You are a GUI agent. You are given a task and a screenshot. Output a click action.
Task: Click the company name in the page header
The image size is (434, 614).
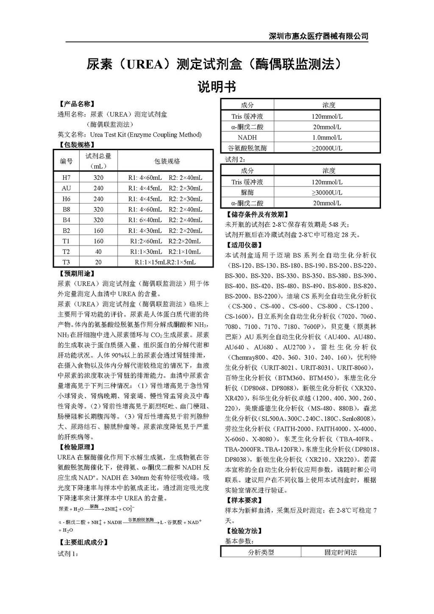319,36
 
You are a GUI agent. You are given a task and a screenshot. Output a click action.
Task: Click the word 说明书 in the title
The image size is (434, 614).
217,87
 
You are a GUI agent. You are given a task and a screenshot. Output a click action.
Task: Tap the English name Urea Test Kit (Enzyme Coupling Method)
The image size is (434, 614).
146,135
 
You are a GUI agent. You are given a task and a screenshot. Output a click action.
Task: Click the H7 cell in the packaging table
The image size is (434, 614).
67,178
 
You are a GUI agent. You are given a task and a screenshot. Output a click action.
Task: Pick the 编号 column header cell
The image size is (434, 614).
67,161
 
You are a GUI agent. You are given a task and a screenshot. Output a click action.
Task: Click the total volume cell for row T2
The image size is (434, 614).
98,251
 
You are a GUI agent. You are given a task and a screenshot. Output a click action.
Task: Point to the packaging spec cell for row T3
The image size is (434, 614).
165,262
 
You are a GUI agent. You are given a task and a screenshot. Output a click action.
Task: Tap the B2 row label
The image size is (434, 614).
67,231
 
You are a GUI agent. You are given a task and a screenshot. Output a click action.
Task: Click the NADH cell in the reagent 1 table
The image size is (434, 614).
247,137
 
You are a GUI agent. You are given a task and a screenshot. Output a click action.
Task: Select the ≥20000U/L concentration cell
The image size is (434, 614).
327,148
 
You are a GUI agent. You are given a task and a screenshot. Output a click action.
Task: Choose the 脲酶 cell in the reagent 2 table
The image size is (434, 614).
247,193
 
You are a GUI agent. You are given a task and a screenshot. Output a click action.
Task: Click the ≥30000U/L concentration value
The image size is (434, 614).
327,193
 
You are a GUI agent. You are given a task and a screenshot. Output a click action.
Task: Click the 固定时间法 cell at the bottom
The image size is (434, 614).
340,553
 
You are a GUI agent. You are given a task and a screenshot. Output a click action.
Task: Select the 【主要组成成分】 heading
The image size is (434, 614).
83,542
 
